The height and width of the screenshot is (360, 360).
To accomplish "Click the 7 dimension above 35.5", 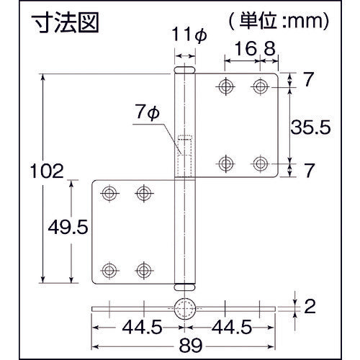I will pos(308,80).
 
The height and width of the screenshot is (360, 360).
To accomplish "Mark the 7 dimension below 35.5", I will pos(308,170).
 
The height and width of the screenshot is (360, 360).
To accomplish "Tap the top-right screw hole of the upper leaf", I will pos(260,87).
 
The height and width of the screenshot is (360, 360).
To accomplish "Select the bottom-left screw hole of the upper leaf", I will pos(226,162).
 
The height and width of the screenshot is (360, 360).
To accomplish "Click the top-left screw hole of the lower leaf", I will pos(109,193).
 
